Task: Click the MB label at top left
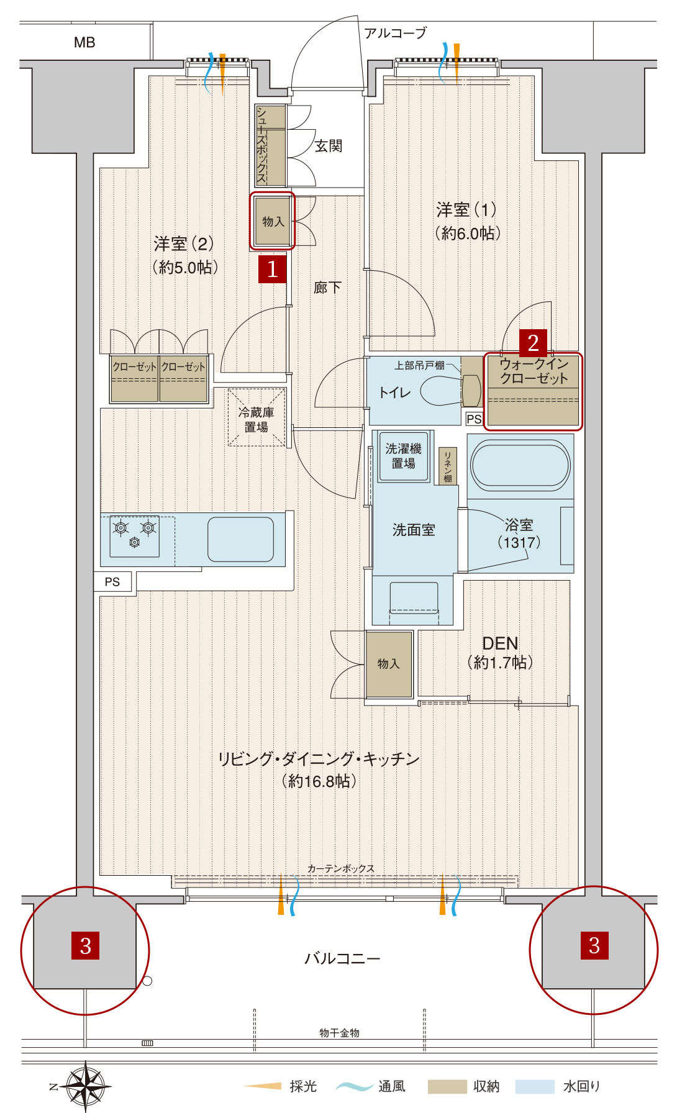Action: tap(84, 42)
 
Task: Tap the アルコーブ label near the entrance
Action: tap(396, 33)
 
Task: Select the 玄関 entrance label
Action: tap(329, 146)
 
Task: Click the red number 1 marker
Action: tap(272, 269)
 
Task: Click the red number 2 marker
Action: tap(533, 343)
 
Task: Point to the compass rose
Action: tap(85, 1086)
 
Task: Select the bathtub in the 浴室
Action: tap(520, 466)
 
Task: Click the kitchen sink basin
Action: tap(240, 539)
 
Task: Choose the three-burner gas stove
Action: tap(135, 536)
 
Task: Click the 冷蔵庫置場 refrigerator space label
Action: tap(257, 419)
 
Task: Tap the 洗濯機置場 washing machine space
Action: tap(404, 457)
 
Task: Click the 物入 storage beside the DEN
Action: tap(389, 664)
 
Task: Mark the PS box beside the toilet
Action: tap(474, 419)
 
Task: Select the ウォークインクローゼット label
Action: tap(534, 371)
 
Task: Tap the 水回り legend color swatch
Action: tap(534, 1086)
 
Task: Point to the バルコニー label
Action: tap(342, 958)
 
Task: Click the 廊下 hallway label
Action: tap(327, 287)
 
